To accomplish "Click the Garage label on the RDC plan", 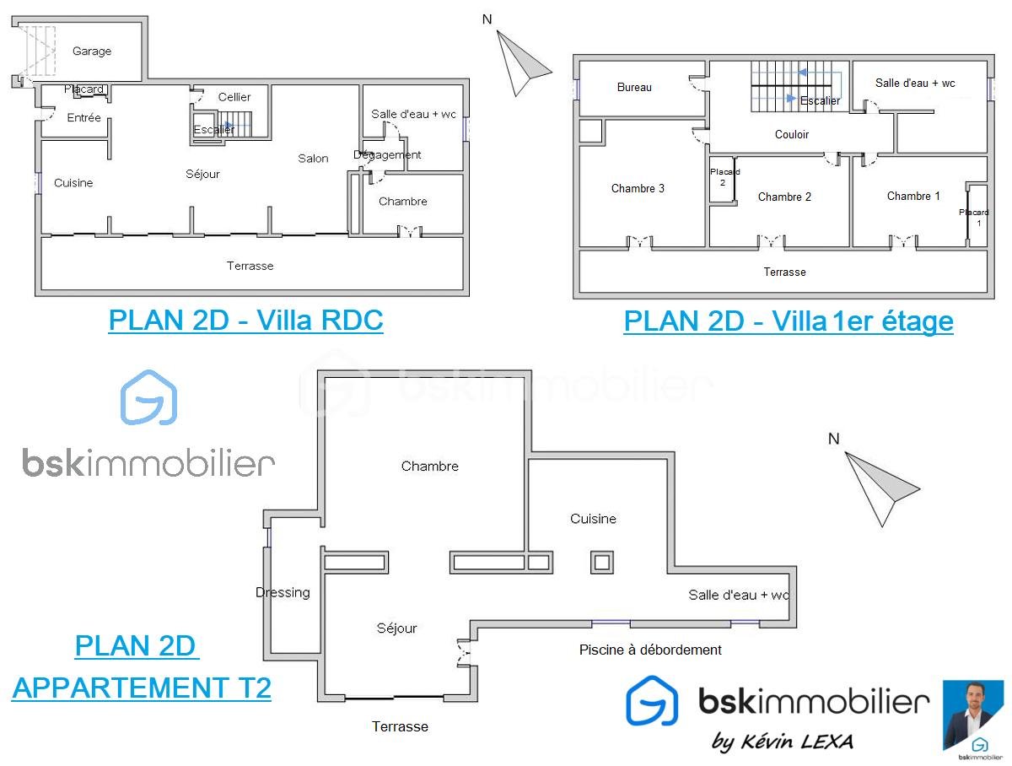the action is tap(92, 51).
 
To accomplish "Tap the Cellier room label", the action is tap(234, 97).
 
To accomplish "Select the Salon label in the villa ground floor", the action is tap(313, 159).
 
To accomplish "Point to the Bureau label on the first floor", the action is tap(634, 87).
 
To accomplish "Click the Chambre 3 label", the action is tap(638, 188).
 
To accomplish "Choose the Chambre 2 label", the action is tap(784, 197).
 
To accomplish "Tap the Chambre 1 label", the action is tap(913, 196).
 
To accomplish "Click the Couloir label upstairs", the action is tap(792, 134).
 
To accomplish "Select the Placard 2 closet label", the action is tap(724, 177).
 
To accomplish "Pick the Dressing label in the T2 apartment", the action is tap(283, 592).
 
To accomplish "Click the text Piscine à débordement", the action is tap(650, 650).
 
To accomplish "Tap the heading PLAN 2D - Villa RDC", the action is tap(245, 320).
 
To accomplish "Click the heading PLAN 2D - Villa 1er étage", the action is tap(789, 321).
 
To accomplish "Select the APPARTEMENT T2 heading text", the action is tap(142, 688).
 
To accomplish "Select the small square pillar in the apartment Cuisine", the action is tap(602, 562).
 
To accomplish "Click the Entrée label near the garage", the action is tap(83, 117).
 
